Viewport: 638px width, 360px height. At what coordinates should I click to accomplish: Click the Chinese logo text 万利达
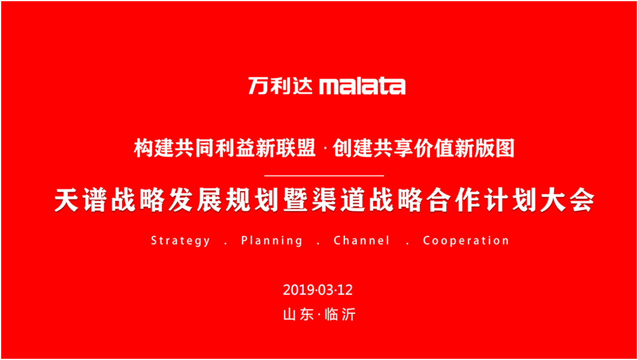click(280, 86)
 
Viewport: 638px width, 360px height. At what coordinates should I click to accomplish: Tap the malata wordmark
click(362, 86)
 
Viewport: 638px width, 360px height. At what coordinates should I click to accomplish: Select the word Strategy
click(181, 241)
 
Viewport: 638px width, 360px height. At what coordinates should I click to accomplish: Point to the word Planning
click(272, 241)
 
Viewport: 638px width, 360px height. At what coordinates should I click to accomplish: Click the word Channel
click(362, 240)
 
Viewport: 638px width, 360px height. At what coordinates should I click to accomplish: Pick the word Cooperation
click(466, 241)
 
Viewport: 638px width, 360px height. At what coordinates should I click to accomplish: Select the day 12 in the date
click(344, 290)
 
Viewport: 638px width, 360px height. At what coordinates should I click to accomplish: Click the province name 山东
click(299, 314)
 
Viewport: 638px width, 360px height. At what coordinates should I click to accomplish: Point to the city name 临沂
click(340, 314)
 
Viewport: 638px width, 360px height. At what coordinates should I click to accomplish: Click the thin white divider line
click(324, 176)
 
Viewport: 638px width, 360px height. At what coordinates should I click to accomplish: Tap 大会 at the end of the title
click(567, 200)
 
